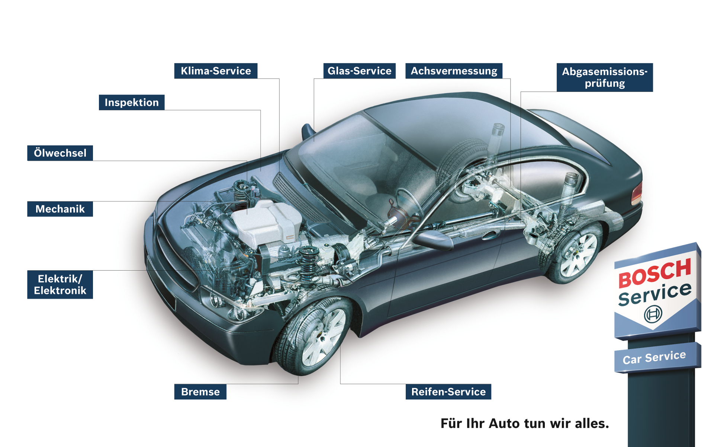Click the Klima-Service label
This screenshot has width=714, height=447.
[x=216, y=71]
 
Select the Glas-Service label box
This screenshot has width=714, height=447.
[x=359, y=71]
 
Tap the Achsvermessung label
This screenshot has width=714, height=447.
[x=454, y=71]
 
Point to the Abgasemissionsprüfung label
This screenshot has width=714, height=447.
[x=605, y=77]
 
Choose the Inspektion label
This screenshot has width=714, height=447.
[x=132, y=102]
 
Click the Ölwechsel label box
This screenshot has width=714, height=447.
[x=60, y=153]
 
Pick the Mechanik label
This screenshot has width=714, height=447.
[x=60, y=209]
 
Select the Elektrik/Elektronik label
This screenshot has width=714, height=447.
[x=60, y=284]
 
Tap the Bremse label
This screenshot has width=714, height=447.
[x=200, y=392]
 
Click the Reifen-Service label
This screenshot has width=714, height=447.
[x=448, y=392]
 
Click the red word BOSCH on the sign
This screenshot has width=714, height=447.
[x=654, y=274]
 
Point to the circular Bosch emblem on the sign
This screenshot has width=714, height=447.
[x=653, y=314]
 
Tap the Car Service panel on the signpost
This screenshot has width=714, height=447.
[x=654, y=357]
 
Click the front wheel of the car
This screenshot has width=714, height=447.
[x=316, y=337]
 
